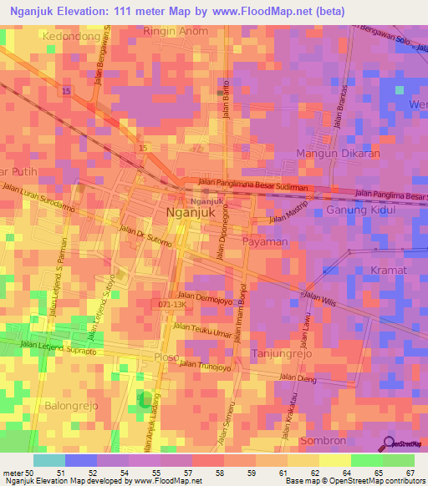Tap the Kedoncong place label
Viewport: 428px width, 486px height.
(71, 37)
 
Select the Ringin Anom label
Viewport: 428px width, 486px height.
(176, 32)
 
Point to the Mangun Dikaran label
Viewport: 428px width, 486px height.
(339, 154)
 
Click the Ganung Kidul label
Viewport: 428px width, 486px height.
(359, 210)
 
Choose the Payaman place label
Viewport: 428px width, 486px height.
(265, 241)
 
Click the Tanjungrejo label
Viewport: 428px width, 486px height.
(280, 354)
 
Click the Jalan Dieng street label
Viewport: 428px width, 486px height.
(311, 378)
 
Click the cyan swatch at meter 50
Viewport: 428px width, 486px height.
(48, 460)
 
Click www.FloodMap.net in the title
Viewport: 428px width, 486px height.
(263, 12)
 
